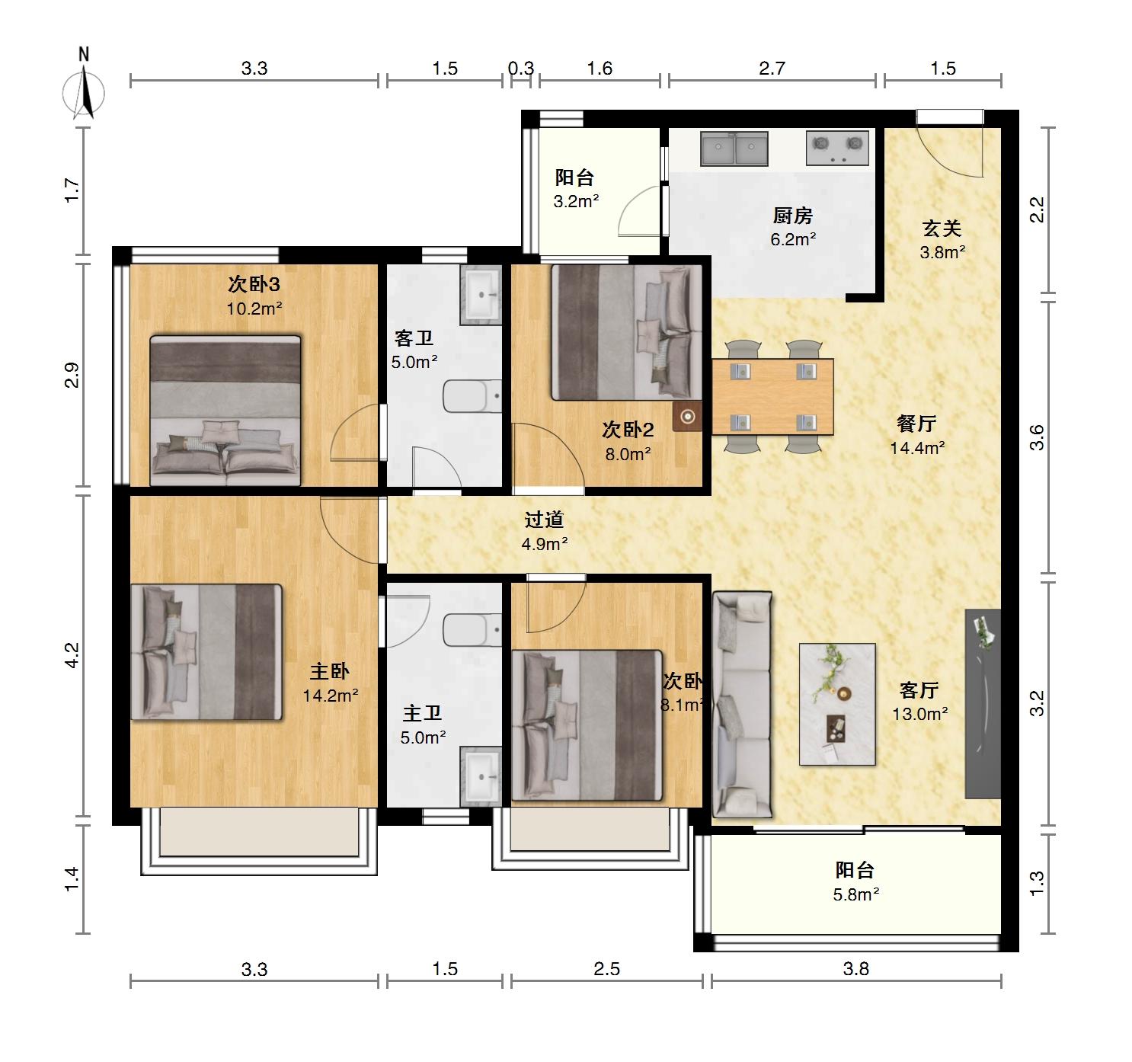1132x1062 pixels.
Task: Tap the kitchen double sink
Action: [734, 149]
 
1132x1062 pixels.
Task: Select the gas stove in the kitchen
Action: [837, 148]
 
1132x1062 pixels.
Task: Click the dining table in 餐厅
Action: [772, 397]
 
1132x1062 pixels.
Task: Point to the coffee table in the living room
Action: [837, 704]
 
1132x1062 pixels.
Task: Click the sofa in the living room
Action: [742, 705]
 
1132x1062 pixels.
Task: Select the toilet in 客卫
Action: [472, 396]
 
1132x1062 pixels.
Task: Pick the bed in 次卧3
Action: [225, 411]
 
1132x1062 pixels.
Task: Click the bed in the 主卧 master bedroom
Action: [206, 652]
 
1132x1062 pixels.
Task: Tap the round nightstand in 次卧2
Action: [687, 417]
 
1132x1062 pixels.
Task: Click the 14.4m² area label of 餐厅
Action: [918, 448]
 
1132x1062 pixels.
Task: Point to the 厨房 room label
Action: [793, 216]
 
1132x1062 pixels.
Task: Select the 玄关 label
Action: [942, 229]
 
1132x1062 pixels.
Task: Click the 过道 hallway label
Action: [545, 520]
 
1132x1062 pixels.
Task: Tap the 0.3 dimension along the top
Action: [521, 69]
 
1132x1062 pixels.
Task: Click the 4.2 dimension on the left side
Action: [72, 655]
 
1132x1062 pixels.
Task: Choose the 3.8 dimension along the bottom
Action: [856, 968]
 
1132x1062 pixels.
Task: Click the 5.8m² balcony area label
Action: [856, 894]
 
